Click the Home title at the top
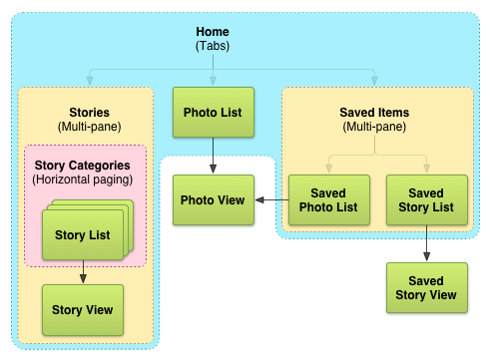pos(215,31)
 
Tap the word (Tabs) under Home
pos(215,46)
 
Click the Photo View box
pos(212,199)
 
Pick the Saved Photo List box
pos(328,199)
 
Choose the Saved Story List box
pos(426,199)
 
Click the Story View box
pos(83,309)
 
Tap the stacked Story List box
pos(83,235)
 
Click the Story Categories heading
pos(82,165)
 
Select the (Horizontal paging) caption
pos(82,180)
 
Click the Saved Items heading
pos(375,113)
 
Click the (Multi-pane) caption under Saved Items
pos(375,128)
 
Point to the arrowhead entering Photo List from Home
pos(214,82)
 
